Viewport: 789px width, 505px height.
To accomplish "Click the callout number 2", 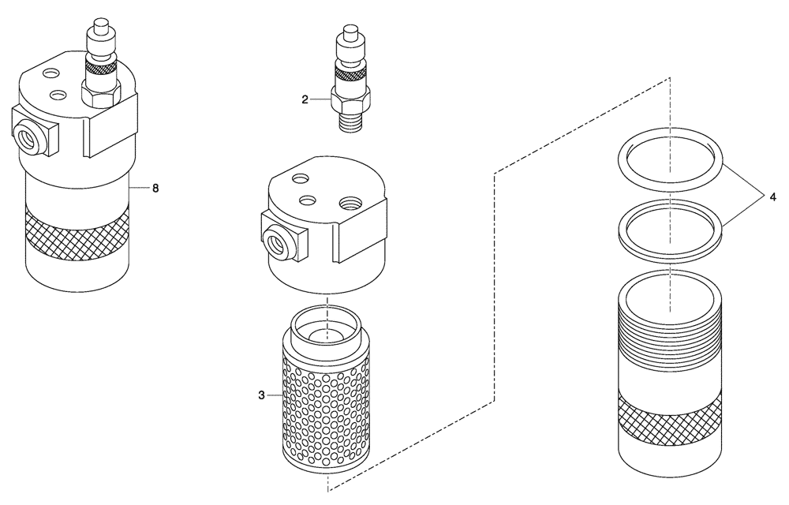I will click(x=304, y=99).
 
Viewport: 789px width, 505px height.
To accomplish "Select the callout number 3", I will click(x=260, y=395).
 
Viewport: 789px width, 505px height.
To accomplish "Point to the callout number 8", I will click(x=155, y=188).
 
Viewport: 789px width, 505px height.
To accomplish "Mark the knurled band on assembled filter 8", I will click(x=77, y=230).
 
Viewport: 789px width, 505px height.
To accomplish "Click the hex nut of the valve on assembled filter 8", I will click(x=99, y=95).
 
